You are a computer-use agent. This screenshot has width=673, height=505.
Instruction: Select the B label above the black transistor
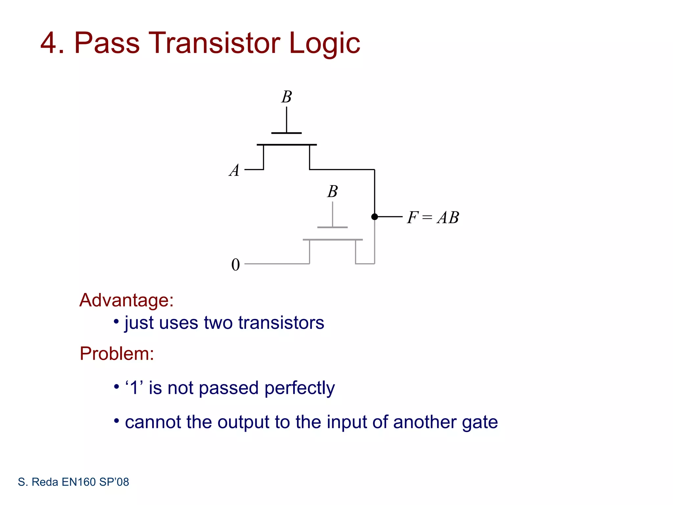pyautogui.click(x=287, y=97)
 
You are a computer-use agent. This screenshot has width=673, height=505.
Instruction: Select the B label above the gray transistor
pyautogui.click(x=332, y=191)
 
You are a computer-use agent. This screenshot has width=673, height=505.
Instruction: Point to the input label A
pyautogui.click(x=234, y=171)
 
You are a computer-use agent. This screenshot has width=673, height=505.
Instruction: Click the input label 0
pyautogui.click(x=236, y=265)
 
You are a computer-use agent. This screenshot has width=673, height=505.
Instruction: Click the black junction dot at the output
pyautogui.click(x=375, y=217)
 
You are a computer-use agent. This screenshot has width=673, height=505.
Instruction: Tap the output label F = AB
pyautogui.click(x=433, y=217)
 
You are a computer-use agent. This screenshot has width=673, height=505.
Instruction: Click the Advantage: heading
pyautogui.click(x=127, y=300)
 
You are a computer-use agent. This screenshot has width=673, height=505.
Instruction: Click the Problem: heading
pyautogui.click(x=117, y=354)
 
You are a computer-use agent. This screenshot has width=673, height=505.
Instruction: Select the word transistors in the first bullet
pyautogui.click(x=281, y=323)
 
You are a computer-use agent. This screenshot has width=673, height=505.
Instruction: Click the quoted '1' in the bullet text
pyautogui.click(x=134, y=388)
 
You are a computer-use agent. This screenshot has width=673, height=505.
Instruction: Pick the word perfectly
pyautogui.click(x=299, y=388)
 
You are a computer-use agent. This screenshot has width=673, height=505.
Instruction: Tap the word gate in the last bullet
pyautogui.click(x=480, y=422)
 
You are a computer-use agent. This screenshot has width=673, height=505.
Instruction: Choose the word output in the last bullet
pyautogui.click(x=244, y=422)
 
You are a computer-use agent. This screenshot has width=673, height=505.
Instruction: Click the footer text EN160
pyautogui.click(x=79, y=482)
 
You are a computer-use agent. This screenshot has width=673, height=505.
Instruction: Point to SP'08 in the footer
pyautogui.click(x=114, y=482)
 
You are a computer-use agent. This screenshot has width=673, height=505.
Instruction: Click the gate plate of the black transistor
pyautogui.click(x=287, y=133)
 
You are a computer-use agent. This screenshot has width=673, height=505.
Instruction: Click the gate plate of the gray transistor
pyautogui.click(x=332, y=227)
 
